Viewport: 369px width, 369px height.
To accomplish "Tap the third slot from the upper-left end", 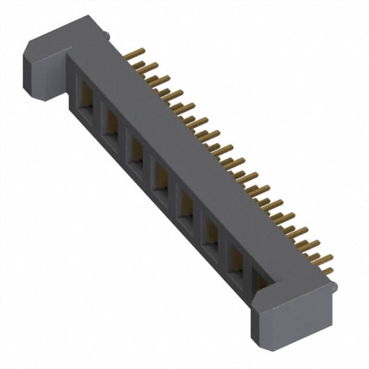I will [135, 149].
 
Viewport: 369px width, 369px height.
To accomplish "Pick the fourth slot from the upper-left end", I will [160, 176].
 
